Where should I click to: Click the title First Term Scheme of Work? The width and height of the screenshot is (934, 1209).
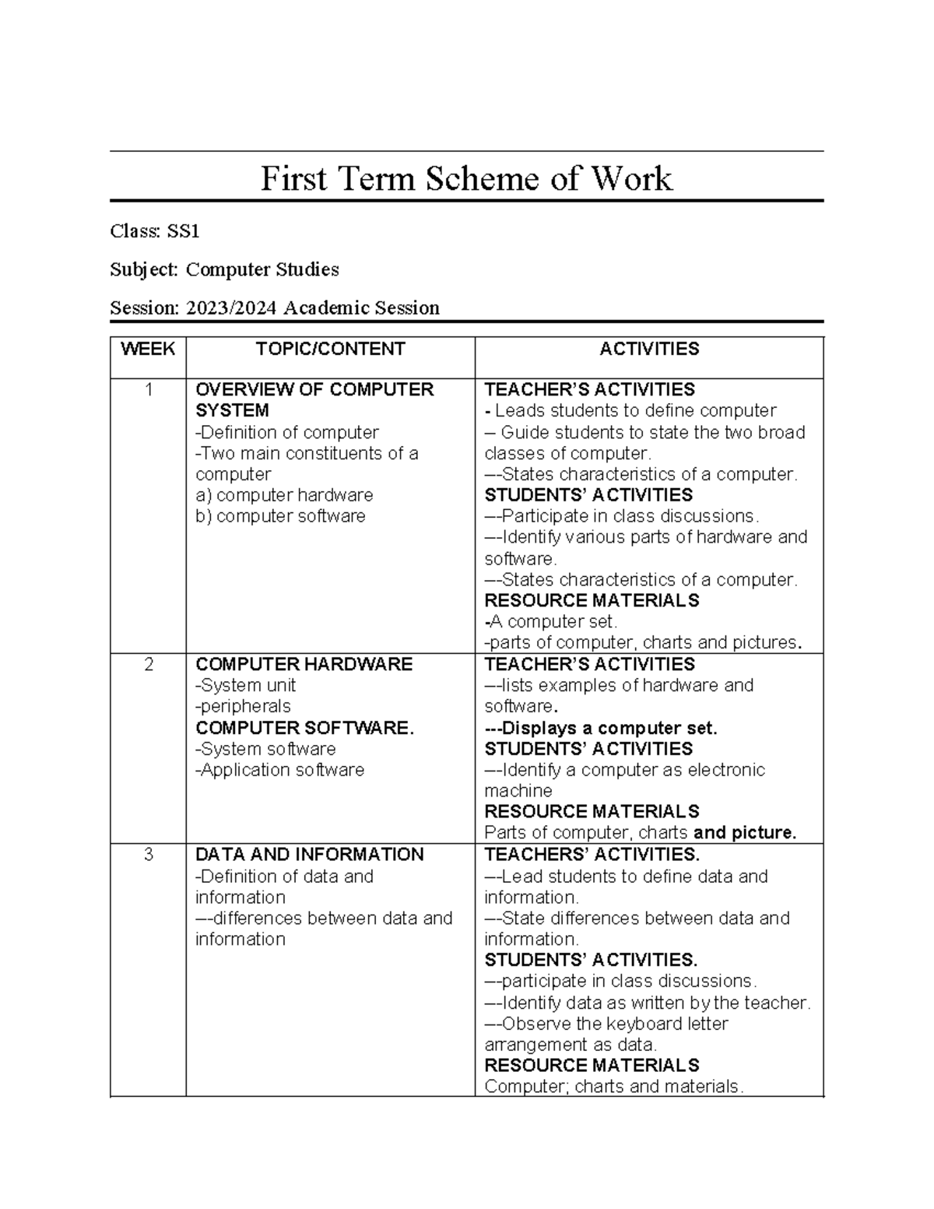point(465,178)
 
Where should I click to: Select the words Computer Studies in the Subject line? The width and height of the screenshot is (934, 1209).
point(262,269)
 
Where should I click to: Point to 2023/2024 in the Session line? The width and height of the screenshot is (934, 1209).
point(231,308)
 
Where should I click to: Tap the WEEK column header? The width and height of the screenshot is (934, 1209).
point(148,349)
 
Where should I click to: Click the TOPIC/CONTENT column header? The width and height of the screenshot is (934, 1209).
point(330,349)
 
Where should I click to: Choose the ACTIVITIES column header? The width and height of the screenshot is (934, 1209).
point(649,349)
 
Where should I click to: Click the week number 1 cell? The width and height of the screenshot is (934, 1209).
point(148,389)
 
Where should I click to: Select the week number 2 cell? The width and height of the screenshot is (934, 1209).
point(148,664)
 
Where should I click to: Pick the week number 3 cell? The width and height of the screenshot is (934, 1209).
point(148,855)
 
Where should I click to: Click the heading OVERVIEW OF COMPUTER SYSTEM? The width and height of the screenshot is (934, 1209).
point(314,399)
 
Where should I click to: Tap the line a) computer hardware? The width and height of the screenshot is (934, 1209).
point(284,495)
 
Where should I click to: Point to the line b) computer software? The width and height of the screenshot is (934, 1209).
point(280,516)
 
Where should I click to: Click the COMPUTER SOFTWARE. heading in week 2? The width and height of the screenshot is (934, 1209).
point(304,728)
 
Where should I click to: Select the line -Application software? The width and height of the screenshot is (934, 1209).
point(280,770)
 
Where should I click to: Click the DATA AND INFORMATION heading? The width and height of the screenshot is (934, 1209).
point(309,855)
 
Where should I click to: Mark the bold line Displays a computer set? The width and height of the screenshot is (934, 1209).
point(601,728)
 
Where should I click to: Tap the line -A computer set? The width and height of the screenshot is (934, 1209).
point(551,621)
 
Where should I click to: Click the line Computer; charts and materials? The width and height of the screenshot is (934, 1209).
point(613,1086)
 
